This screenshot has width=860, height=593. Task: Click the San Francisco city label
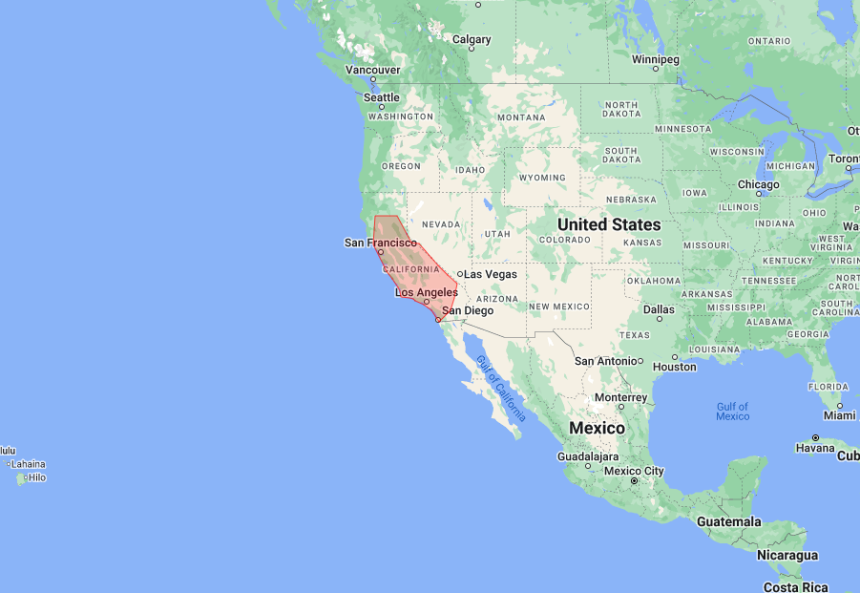click(x=380, y=243)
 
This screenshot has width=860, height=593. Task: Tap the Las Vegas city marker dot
click(x=460, y=274)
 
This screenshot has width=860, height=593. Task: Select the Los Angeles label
click(x=427, y=292)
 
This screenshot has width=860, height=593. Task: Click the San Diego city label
click(x=468, y=310)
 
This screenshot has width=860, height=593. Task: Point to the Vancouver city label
click(x=372, y=70)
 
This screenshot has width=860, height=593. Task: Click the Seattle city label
click(x=382, y=97)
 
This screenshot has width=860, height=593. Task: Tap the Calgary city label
click(x=472, y=39)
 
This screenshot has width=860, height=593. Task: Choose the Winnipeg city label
click(x=656, y=59)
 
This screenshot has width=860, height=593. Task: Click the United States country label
click(x=609, y=224)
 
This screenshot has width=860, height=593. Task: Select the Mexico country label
click(x=597, y=428)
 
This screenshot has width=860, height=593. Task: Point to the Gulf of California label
click(x=501, y=389)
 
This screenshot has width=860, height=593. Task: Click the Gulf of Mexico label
click(x=733, y=412)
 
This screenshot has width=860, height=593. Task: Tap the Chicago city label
click(x=758, y=184)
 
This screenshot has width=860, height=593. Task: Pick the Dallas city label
click(x=659, y=309)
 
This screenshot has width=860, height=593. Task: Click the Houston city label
click(x=675, y=367)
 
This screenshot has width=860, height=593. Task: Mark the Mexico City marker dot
click(x=634, y=480)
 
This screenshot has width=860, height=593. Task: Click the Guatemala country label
click(x=728, y=522)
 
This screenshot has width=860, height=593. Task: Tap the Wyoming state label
click(x=541, y=178)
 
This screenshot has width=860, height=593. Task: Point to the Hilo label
click(x=36, y=477)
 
